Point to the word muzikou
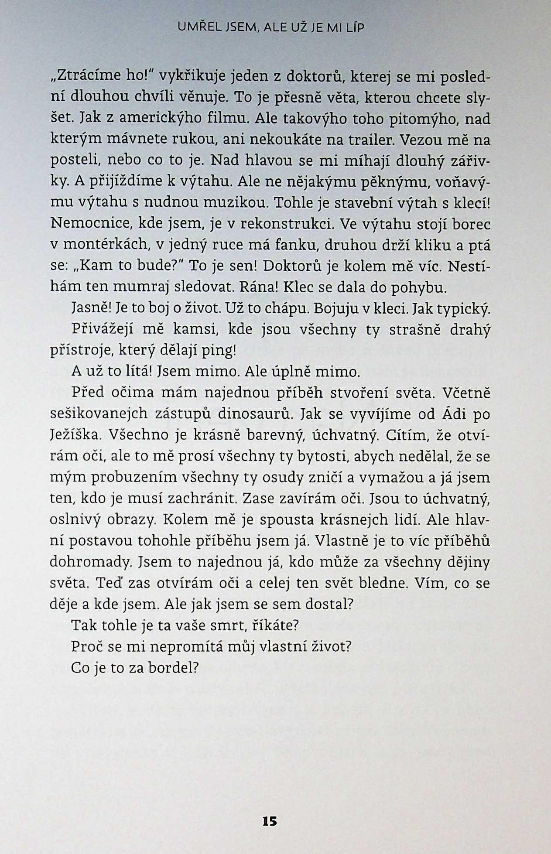(x=232, y=203)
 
